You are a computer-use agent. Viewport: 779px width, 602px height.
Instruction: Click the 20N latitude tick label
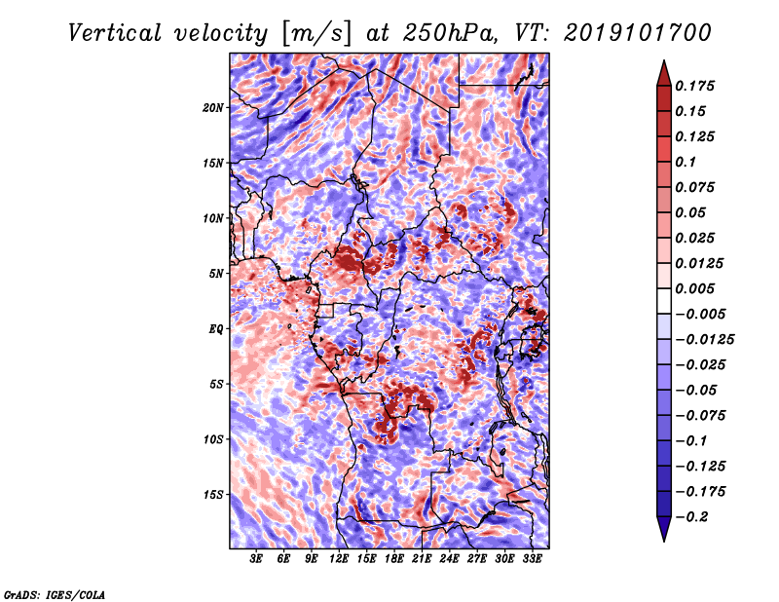[x=213, y=107]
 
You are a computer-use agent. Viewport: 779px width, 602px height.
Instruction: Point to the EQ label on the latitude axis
[x=216, y=329]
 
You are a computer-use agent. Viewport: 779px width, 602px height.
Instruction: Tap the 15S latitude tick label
[x=213, y=495]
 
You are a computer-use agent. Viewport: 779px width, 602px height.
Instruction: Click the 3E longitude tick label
[x=257, y=559]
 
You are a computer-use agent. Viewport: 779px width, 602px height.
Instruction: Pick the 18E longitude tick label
[x=394, y=559]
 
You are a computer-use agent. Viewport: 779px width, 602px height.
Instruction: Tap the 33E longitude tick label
[x=533, y=559]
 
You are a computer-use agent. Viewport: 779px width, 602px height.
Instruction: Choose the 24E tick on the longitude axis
[x=450, y=559]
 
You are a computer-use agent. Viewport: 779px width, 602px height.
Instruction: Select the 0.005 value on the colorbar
[x=697, y=289]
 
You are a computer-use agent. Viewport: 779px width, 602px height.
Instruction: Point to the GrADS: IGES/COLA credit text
[x=55, y=592]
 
